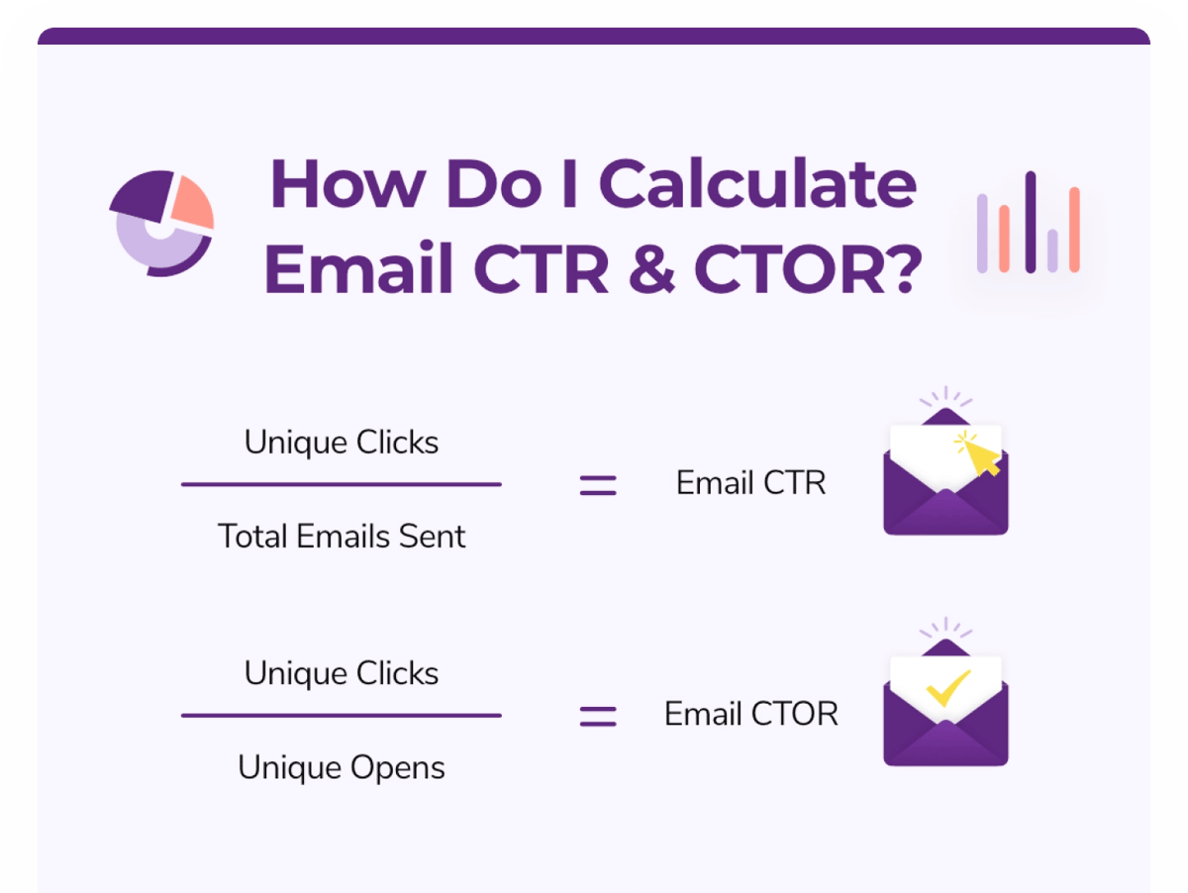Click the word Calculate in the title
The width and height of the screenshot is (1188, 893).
pos(757,183)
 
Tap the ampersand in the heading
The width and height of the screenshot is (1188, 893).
pos(651,269)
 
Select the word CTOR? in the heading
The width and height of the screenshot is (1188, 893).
pos(808,269)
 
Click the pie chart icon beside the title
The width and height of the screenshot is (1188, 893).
pos(161,224)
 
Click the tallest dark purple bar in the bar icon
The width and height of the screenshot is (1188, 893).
pos(1030,222)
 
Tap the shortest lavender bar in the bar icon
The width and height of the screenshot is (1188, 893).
pos(1052,250)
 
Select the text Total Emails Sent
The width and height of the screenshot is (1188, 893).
pos(342,536)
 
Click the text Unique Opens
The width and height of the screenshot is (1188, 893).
pos(342,768)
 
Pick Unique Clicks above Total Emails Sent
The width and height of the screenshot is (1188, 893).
pos(342,443)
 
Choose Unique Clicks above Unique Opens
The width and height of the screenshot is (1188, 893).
pos(342,673)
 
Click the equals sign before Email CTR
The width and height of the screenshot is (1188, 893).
pos(598,485)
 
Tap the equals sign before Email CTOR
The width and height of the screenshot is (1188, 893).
pos(598,716)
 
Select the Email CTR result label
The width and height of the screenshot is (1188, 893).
pos(750,482)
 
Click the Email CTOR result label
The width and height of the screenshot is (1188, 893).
pos(751,714)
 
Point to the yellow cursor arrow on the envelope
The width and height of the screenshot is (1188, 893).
pos(979,455)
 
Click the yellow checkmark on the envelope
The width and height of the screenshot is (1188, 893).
pos(948,687)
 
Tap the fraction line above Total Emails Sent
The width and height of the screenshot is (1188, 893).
pos(342,484)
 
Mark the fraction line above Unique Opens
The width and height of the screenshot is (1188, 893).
pos(342,716)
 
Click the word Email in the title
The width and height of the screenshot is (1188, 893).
pos(358,268)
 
